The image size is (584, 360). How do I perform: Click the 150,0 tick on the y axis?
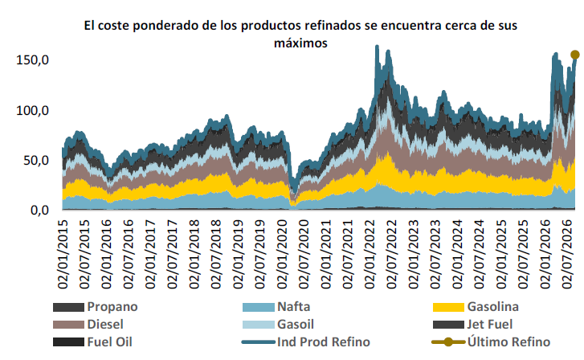pyautogui.click(x=32, y=60)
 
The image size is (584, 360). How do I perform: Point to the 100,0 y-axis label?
pyautogui.click(x=32, y=111)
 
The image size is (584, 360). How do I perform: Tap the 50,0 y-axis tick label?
pyautogui.click(x=36, y=161)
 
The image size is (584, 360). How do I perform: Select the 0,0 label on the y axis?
pyautogui.click(x=39, y=211)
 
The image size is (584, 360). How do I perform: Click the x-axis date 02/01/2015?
pyautogui.click(x=63, y=254)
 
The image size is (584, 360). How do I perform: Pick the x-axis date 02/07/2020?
pyautogui.click(x=304, y=254)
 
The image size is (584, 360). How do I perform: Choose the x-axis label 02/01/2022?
pyautogui.click(x=370, y=254)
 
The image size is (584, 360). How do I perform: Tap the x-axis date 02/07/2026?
pyautogui.click(x=567, y=254)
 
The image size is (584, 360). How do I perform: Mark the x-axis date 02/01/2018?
pyautogui.click(x=194, y=254)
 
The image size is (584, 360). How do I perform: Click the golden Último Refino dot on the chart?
pyautogui.click(x=575, y=55)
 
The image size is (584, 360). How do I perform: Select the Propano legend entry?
pyautogui.click(x=96, y=307)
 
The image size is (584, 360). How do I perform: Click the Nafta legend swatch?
pyautogui.click(x=259, y=307)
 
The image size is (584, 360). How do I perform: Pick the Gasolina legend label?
pyautogui.click(x=492, y=307)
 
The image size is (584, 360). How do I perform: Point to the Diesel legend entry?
pyautogui.click(x=88, y=324)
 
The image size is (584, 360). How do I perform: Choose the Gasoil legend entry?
pyautogui.click(x=278, y=324)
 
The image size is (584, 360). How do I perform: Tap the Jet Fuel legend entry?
pyautogui.click(x=472, y=324)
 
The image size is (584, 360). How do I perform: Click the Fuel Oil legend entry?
pyautogui.click(x=92, y=342)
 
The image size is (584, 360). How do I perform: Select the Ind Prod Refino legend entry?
pyautogui.click(x=306, y=342)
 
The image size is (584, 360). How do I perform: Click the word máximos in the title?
pyautogui.click(x=300, y=43)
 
